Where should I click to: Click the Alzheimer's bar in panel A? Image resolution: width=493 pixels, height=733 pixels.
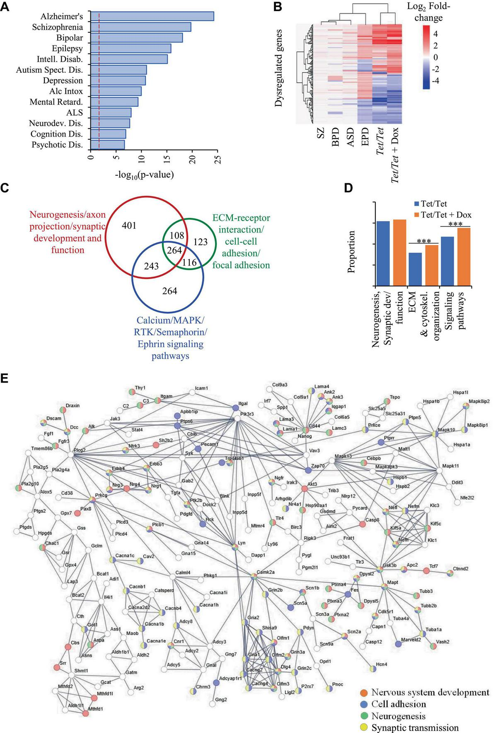click(152, 16)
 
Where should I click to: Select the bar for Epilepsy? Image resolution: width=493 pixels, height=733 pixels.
click(130, 48)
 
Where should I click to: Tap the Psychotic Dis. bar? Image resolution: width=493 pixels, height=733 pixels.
click(107, 144)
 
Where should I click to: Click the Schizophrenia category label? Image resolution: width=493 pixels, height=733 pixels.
click(58, 27)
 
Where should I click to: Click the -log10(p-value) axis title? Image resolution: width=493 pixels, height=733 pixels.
click(145, 175)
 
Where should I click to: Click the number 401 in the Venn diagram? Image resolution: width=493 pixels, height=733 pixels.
click(129, 225)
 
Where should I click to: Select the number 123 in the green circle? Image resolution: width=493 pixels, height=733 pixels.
click(200, 241)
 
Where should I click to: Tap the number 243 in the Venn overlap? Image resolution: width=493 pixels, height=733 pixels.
click(151, 266)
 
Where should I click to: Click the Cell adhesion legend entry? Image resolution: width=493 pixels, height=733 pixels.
click(398, 704)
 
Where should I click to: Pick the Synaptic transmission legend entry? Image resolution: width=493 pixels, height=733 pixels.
click(414, 728)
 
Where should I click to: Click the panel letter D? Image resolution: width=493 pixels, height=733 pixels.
click(348, 188)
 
